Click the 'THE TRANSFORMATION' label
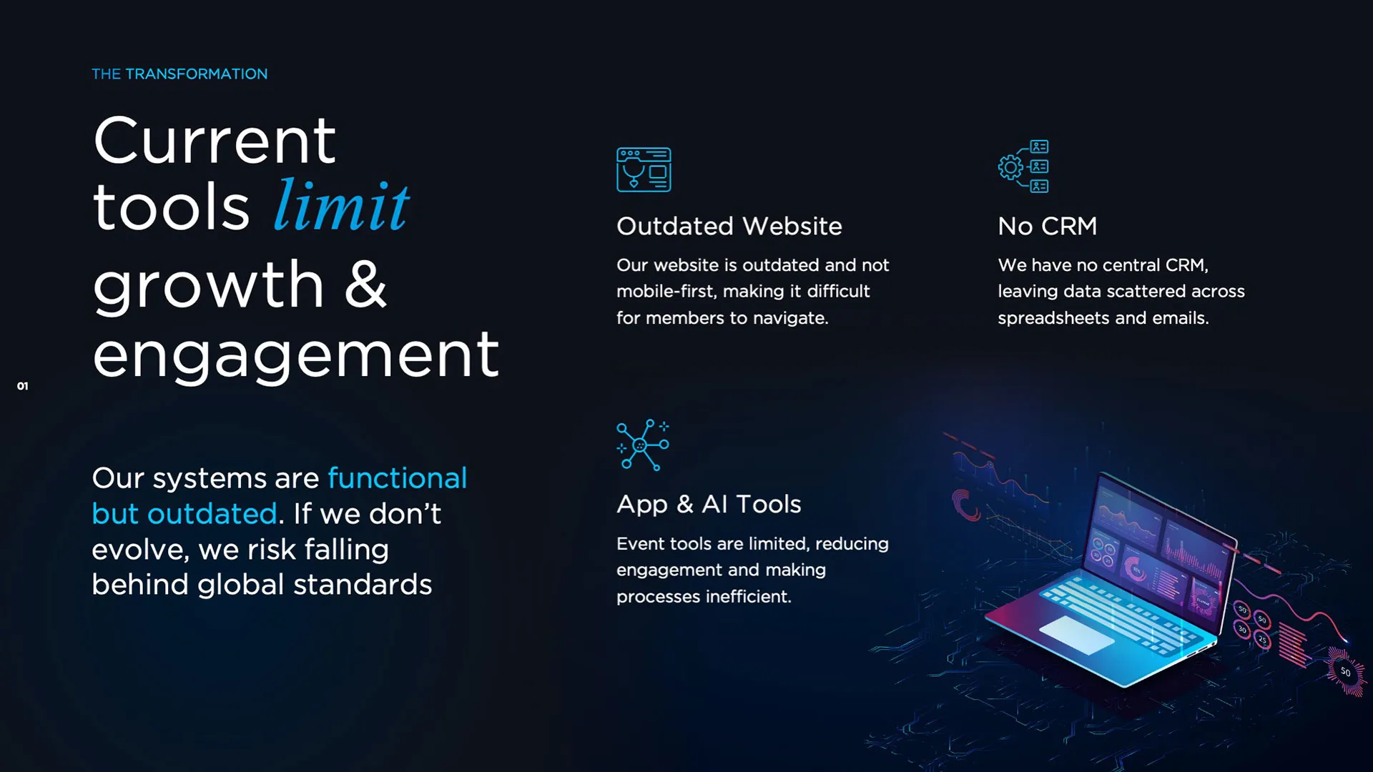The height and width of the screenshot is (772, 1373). pyautogui.click(x=179, y=74)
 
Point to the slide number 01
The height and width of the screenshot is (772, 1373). pyautogui.click(x=23, y=386)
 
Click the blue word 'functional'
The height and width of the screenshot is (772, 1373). pyautogui.click(x=398, y=478)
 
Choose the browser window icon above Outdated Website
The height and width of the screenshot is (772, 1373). pyautogui.click(x=644, y=169)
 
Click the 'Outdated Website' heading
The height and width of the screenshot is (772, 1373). pyautogui.click(x=729, y=226)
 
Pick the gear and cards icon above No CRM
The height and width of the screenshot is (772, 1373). pyautogui.click(x=1023, y=167)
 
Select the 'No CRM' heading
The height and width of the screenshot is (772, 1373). pyautogui.click(x=1048, y=226)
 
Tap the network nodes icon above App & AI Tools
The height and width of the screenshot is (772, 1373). pyautogui.click(x=643, y=445)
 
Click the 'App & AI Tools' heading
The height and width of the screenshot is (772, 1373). pyautogui.click(x=709, y=505)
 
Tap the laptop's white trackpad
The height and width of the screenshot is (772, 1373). pyautogui.click(x=1077, y=635)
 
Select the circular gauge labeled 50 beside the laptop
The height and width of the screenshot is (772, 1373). pyautogui.click(x=1345, y=672)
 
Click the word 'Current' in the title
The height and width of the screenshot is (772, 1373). pyautogui.click(x=215, y=141)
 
